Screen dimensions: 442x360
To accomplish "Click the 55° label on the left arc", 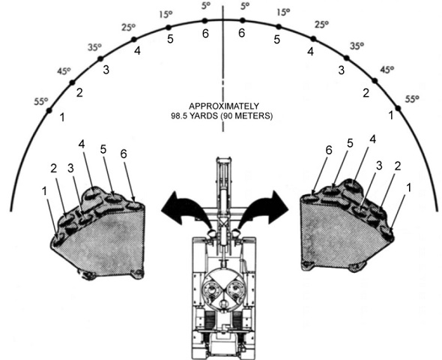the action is pyautogui.click(x=41, y=101).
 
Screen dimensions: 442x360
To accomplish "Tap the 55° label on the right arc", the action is pyautogui.click(x=412, y=99).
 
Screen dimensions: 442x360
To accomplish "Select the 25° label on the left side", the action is pyautogui.click(x=129, y=27).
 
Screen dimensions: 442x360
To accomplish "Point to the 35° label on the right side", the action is pyautogui.click(x=357, y=46).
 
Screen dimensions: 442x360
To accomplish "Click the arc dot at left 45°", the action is pyautogui.click(x=72, y=82).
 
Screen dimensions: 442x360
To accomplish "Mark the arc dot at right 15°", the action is pyautogui.click(x=279, y=26).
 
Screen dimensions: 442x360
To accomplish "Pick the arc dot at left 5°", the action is pyautogui.click(x=205, y=20).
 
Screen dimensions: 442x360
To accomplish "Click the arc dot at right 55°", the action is pyautogui.click(x=398, y=108).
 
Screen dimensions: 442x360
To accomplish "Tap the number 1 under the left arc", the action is pyautogui.click(x=62, y=117).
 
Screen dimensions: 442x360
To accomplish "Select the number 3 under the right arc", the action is pyautogui.click(x=342, y=70).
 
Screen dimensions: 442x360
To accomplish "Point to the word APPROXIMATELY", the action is pyautogui.click(x=224, y=106).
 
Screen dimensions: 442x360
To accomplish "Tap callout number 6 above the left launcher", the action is pyautogui.click(x=124, y=154).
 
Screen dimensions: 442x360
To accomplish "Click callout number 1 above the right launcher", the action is pyautogui.click(x=408, y=187).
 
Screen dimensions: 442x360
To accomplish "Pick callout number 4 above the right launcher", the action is pyautogui.click(x=372, y=139).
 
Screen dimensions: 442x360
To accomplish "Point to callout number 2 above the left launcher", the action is pyautogui.click(x=53, y=169).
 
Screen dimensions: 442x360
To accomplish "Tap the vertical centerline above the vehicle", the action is pyautogui.click(x=223, y=68).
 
